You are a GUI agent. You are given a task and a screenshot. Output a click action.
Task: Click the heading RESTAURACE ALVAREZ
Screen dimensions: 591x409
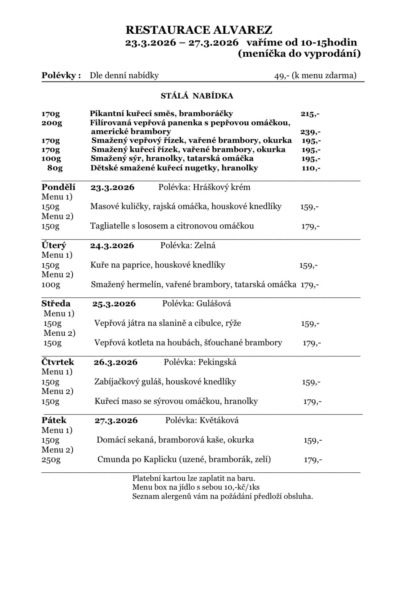point(199,30)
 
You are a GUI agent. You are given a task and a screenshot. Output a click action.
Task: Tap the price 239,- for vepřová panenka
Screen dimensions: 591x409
point(310,132)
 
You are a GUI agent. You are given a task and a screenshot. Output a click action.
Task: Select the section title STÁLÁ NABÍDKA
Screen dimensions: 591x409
point(197,96)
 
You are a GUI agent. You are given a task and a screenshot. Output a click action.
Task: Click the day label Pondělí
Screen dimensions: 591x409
point(58,187)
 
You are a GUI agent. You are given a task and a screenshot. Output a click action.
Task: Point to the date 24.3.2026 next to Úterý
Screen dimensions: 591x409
point(112,245)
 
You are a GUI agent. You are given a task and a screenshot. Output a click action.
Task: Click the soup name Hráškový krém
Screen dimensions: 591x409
point(222,187)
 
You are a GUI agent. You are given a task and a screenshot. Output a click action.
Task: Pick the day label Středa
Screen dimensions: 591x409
point(56,304)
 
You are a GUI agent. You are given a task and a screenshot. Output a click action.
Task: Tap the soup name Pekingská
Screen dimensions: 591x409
point(217,362)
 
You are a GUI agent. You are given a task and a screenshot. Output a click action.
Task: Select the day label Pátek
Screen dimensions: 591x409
point(54,420)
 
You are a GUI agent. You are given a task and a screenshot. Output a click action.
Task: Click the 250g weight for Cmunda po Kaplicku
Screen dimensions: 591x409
point(51,459)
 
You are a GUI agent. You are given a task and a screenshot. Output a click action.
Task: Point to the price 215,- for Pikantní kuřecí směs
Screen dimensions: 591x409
point(310,114)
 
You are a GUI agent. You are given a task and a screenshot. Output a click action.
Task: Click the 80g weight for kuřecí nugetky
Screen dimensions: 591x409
point(55,168)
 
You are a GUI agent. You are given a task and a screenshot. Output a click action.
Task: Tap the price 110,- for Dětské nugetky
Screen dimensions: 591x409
point(311,168)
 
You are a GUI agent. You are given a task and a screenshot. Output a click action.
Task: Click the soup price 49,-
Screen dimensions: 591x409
point(281,75)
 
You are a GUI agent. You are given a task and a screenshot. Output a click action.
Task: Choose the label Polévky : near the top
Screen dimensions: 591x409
point(61,75)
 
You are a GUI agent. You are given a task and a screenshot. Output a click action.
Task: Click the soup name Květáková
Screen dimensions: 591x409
point(219,420)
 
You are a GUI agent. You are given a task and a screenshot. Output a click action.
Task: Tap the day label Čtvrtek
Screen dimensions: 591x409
point(58,362)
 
